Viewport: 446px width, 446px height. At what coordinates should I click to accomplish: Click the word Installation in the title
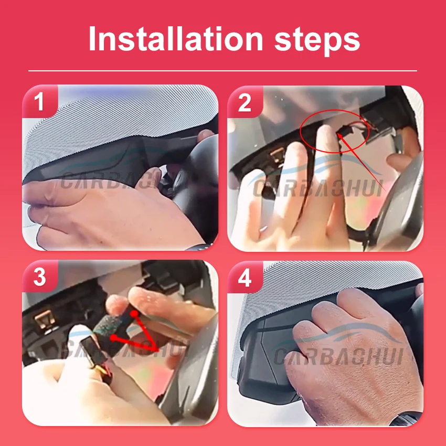click(x=176, y=39)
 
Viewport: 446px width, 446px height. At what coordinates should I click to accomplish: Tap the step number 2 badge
click(x=245, y=102)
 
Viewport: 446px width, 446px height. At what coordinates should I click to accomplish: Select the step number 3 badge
click(x=39, y=277)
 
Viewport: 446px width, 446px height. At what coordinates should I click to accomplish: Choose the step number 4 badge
click(x=245, y=278)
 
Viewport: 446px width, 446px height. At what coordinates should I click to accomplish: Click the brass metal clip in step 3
click(x=44, y=320)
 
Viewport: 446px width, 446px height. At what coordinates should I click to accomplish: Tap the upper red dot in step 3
click(x=134, y=313)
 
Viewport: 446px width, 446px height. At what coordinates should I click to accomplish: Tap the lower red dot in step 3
click(x=113, y=337)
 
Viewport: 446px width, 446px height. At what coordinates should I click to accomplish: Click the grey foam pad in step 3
click(x=108, y=325)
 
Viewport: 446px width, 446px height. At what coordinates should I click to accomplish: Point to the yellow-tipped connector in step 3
click(x=96, y=357)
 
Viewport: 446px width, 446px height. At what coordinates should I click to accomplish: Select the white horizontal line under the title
click(x=222, y=70)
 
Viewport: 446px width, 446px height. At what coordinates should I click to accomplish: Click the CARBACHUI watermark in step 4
click(x=338, y=356)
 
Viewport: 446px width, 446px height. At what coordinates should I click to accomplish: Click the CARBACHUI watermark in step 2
click(x=318, y=188)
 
